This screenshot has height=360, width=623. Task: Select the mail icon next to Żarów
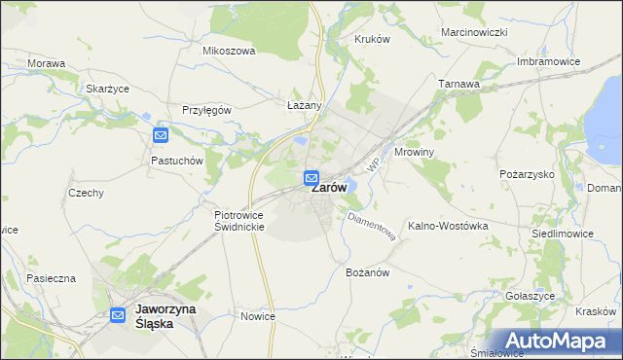[311, 178]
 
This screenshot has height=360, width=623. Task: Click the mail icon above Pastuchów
[162, 135]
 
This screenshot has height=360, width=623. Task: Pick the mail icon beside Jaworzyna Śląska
[118, 315]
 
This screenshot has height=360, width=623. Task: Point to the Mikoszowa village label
[228, 51]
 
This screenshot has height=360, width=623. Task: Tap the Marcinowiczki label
[475, 32]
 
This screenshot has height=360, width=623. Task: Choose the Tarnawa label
[458, 84]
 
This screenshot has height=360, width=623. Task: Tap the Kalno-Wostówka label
[448, 226]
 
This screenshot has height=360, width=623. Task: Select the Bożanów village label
[367, 272]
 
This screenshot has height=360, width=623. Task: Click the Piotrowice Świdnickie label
[239, 220]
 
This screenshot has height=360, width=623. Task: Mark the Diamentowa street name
[371, 227]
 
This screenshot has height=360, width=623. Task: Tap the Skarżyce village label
[108, 89]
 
